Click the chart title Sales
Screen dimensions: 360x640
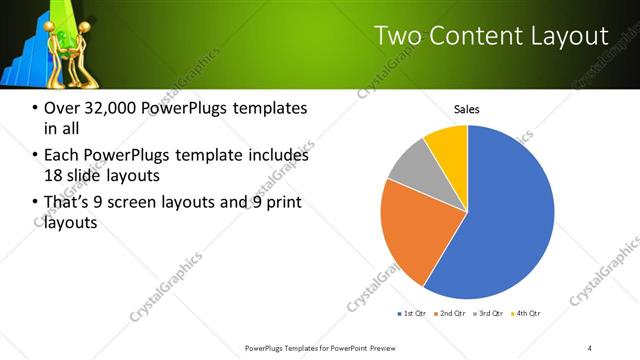[x=467, y=108]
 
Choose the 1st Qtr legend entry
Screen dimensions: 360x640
[x=411, y=314]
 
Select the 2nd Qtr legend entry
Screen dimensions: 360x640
[x=450, y=314]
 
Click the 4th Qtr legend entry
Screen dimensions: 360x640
[x=526, y=314]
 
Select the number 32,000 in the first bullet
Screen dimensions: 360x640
[x=108, y=108]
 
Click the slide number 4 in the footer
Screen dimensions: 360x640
[x=590, y=347]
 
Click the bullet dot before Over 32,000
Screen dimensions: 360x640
[x=36, y=108]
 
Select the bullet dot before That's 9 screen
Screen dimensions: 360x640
[x=36, y=203]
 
